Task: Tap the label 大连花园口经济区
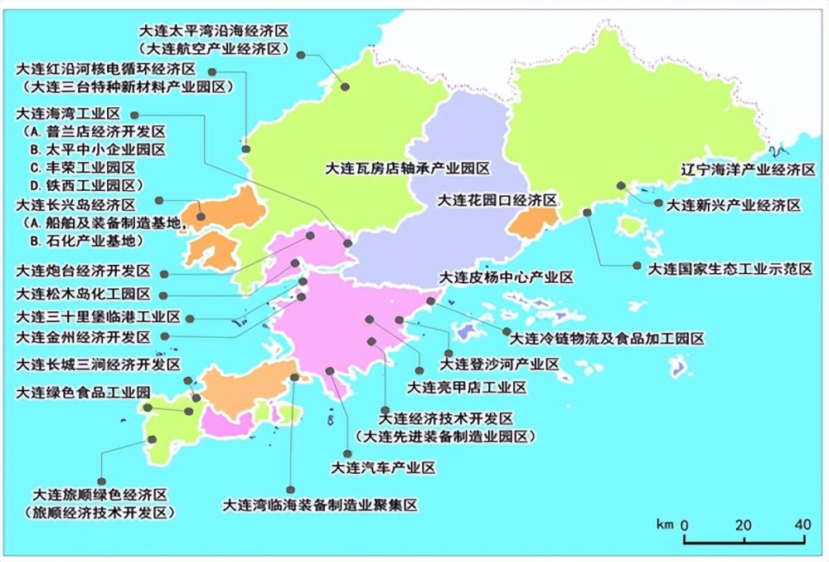pyautogui.click(x=496, y=201)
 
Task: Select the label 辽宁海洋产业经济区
pyautogui.click(x=748, y=169)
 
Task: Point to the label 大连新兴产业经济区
pyautogui.click(x=734, y=204)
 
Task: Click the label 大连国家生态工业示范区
pyautogui.click(x=730, y=268)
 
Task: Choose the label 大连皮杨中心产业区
pyautogui.click(x=505, y=277)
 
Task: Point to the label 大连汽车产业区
pyautogui.click(x=383, y=468)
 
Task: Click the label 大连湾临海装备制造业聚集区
pyautogui.click(x=320, y=505)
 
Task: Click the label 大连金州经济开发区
pyautogui.click(x=83, y=338)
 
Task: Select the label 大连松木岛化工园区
pyautogui.click(x=83, y=294)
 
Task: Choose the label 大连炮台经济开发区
pyautogui.click(x=83, y=271)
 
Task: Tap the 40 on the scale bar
pyautogui.click(x=802, y=525)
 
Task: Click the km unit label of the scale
pyautogui.click(x=664, y=525)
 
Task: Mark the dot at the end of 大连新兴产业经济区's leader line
pyautogui.click(x=657, y=202)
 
